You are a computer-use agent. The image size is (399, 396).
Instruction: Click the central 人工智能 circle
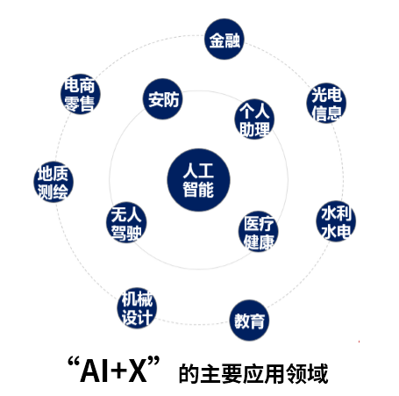coord(198,180)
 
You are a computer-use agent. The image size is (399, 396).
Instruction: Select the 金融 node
coord(224,39)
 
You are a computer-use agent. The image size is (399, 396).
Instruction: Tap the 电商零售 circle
coord(81,94)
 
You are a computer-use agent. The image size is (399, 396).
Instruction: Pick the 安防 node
coord(163,98)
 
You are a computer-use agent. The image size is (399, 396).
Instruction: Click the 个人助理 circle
coord(254,119)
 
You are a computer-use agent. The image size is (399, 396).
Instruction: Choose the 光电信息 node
coord(326,103)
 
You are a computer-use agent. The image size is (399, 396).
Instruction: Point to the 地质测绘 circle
coord(53,182)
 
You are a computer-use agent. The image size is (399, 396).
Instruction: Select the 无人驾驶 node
coord(126,222)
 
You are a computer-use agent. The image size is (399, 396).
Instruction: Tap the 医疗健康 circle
coord(259,232)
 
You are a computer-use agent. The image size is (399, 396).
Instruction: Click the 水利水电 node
coord(336,221)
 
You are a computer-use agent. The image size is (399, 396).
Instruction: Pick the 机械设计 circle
coord(137,307)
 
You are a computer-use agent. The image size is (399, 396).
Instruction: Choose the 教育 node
coord(249,320)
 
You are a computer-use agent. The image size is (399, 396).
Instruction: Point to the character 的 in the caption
coord(189,373)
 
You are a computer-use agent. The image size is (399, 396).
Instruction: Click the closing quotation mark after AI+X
coord(154,361)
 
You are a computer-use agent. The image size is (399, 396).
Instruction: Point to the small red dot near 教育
coord(359,342)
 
